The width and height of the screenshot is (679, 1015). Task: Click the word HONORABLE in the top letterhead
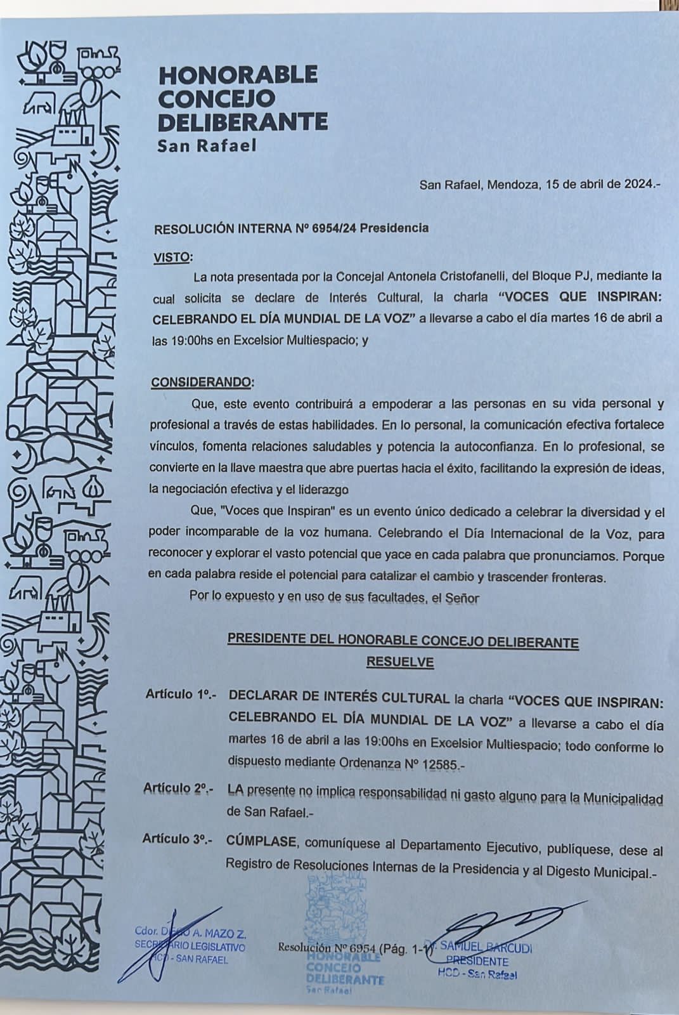point(238,75)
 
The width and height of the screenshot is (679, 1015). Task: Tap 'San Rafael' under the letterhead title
point(207,146)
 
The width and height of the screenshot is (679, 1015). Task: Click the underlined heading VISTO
point(172,258)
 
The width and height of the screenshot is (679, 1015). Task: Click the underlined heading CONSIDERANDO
point(201,383)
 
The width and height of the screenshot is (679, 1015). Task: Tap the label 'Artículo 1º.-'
point(181,695)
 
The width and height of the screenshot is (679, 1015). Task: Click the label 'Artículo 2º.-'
point(178,789)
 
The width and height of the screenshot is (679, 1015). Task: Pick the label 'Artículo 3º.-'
point(178,839)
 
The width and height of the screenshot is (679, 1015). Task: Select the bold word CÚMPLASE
point(261,842)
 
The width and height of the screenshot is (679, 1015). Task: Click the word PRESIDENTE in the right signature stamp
point(477,962)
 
